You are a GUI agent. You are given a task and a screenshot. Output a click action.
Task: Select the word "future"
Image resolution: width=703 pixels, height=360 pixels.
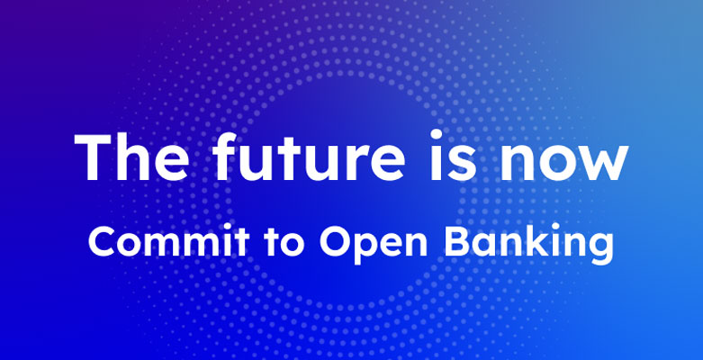309,156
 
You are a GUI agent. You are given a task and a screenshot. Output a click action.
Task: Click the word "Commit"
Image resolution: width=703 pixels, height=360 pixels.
168,240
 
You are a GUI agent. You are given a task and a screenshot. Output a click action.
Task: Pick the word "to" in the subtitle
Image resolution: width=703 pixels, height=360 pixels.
284,243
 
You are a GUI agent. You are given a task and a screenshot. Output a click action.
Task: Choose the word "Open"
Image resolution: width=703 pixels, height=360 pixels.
374,244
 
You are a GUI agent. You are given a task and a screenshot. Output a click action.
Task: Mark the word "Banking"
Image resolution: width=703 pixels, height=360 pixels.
528,244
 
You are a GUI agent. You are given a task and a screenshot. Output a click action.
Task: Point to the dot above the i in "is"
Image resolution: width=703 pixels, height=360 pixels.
436,134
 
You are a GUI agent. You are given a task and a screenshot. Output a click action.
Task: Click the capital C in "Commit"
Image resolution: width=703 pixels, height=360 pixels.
104,241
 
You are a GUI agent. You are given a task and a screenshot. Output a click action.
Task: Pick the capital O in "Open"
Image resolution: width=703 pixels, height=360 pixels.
337,241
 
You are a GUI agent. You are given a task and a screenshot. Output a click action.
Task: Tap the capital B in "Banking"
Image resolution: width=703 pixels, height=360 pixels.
457,241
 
